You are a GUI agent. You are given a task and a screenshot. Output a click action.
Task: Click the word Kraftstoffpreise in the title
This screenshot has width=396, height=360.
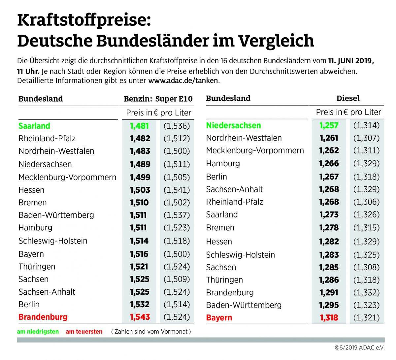(84, 20)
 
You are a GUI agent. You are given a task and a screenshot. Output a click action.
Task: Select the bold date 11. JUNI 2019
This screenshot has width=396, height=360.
(351, 61)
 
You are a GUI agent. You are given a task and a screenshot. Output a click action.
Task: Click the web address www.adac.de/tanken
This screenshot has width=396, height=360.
(183, 81)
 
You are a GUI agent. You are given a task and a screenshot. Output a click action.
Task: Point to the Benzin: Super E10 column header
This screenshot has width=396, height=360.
(158, 99)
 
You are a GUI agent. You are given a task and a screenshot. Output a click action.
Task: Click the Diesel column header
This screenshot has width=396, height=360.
(348, 98)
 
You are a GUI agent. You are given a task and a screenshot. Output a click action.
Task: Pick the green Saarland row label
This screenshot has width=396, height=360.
(34, 126)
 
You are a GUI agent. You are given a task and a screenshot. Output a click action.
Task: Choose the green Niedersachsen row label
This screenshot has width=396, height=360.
(233, 125)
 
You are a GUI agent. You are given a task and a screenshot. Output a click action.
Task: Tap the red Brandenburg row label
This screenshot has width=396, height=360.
(43, 317)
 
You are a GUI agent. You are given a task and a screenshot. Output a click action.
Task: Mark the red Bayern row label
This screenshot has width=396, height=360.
(219, 318)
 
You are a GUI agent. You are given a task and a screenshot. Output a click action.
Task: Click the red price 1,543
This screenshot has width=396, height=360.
(140, 317)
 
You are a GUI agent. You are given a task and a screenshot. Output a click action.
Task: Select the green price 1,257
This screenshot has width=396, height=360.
(329, 125)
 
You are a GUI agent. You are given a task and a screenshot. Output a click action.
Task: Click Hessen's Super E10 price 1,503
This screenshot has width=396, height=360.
(140, 190)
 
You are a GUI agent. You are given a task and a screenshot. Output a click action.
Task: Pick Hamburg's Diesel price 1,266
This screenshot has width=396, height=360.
(329, 164)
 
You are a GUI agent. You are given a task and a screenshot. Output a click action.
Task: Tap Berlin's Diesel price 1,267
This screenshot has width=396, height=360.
(329, 177)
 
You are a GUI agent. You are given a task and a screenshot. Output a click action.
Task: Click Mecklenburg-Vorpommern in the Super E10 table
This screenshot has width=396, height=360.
(67, 178)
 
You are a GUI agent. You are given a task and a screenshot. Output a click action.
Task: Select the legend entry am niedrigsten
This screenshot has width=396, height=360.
(38, 332)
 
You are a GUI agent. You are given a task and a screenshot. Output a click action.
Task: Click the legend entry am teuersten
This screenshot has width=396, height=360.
(84, 332)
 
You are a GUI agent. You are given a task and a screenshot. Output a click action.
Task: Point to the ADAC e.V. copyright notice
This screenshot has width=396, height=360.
(360, 347)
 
